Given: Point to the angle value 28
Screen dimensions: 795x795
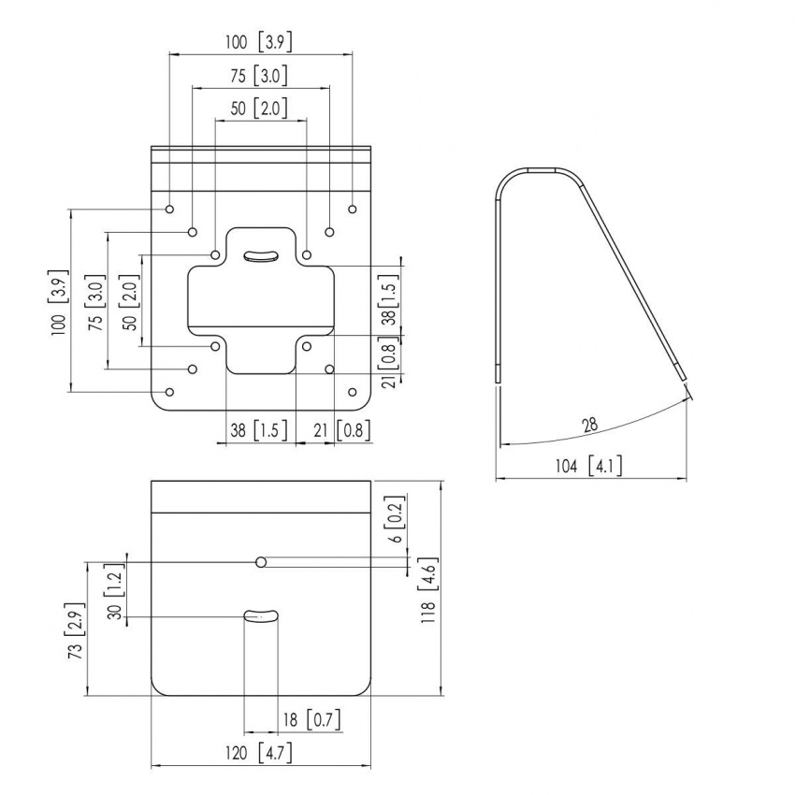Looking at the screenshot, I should pos(589,425).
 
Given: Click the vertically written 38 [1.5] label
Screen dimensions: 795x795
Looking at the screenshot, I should pos(387,298).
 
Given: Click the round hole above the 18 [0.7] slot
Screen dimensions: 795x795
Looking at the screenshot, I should pos(262,561).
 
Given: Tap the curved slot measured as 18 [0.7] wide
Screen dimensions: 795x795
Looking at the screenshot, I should pos(261,614).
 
